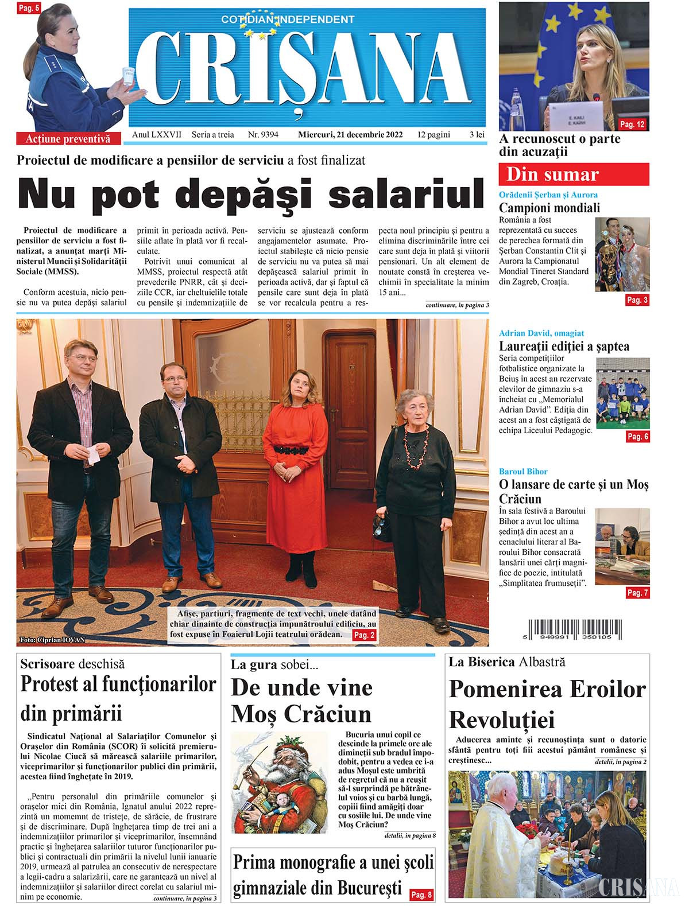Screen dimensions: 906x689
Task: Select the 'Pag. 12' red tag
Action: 633,125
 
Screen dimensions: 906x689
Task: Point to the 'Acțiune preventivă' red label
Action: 67,139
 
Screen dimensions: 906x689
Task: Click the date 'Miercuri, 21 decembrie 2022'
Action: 350,135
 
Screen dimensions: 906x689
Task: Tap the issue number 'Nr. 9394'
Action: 263,135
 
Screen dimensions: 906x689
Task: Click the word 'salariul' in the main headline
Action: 408,194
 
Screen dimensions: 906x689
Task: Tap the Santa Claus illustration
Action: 280,783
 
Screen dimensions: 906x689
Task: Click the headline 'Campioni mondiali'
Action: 549,208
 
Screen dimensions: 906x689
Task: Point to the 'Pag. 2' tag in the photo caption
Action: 364,635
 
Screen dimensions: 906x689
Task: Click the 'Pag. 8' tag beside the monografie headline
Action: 422,895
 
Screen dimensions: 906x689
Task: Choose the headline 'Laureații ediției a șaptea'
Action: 564,347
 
